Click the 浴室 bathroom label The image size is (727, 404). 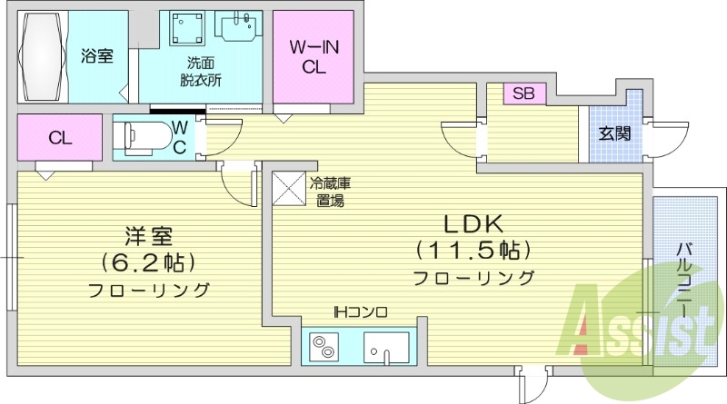tap(96, 56)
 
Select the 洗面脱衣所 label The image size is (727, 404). tap(201, 71)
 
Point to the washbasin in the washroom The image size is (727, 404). tap(239, 25)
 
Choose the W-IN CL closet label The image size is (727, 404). tap(314, 56)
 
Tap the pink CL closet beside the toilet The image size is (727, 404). tap(60, 138)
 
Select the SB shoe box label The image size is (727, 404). tap(523, 94)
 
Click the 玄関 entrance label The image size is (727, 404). tap(614, 133)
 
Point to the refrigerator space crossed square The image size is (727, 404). tap(292, 190)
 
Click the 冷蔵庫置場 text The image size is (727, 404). tap(330, 192)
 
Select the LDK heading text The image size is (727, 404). tap(473, 223)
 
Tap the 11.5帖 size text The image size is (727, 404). tap(473, 249)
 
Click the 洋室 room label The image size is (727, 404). tap(149, 235)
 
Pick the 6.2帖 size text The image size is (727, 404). tap(149, 263)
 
